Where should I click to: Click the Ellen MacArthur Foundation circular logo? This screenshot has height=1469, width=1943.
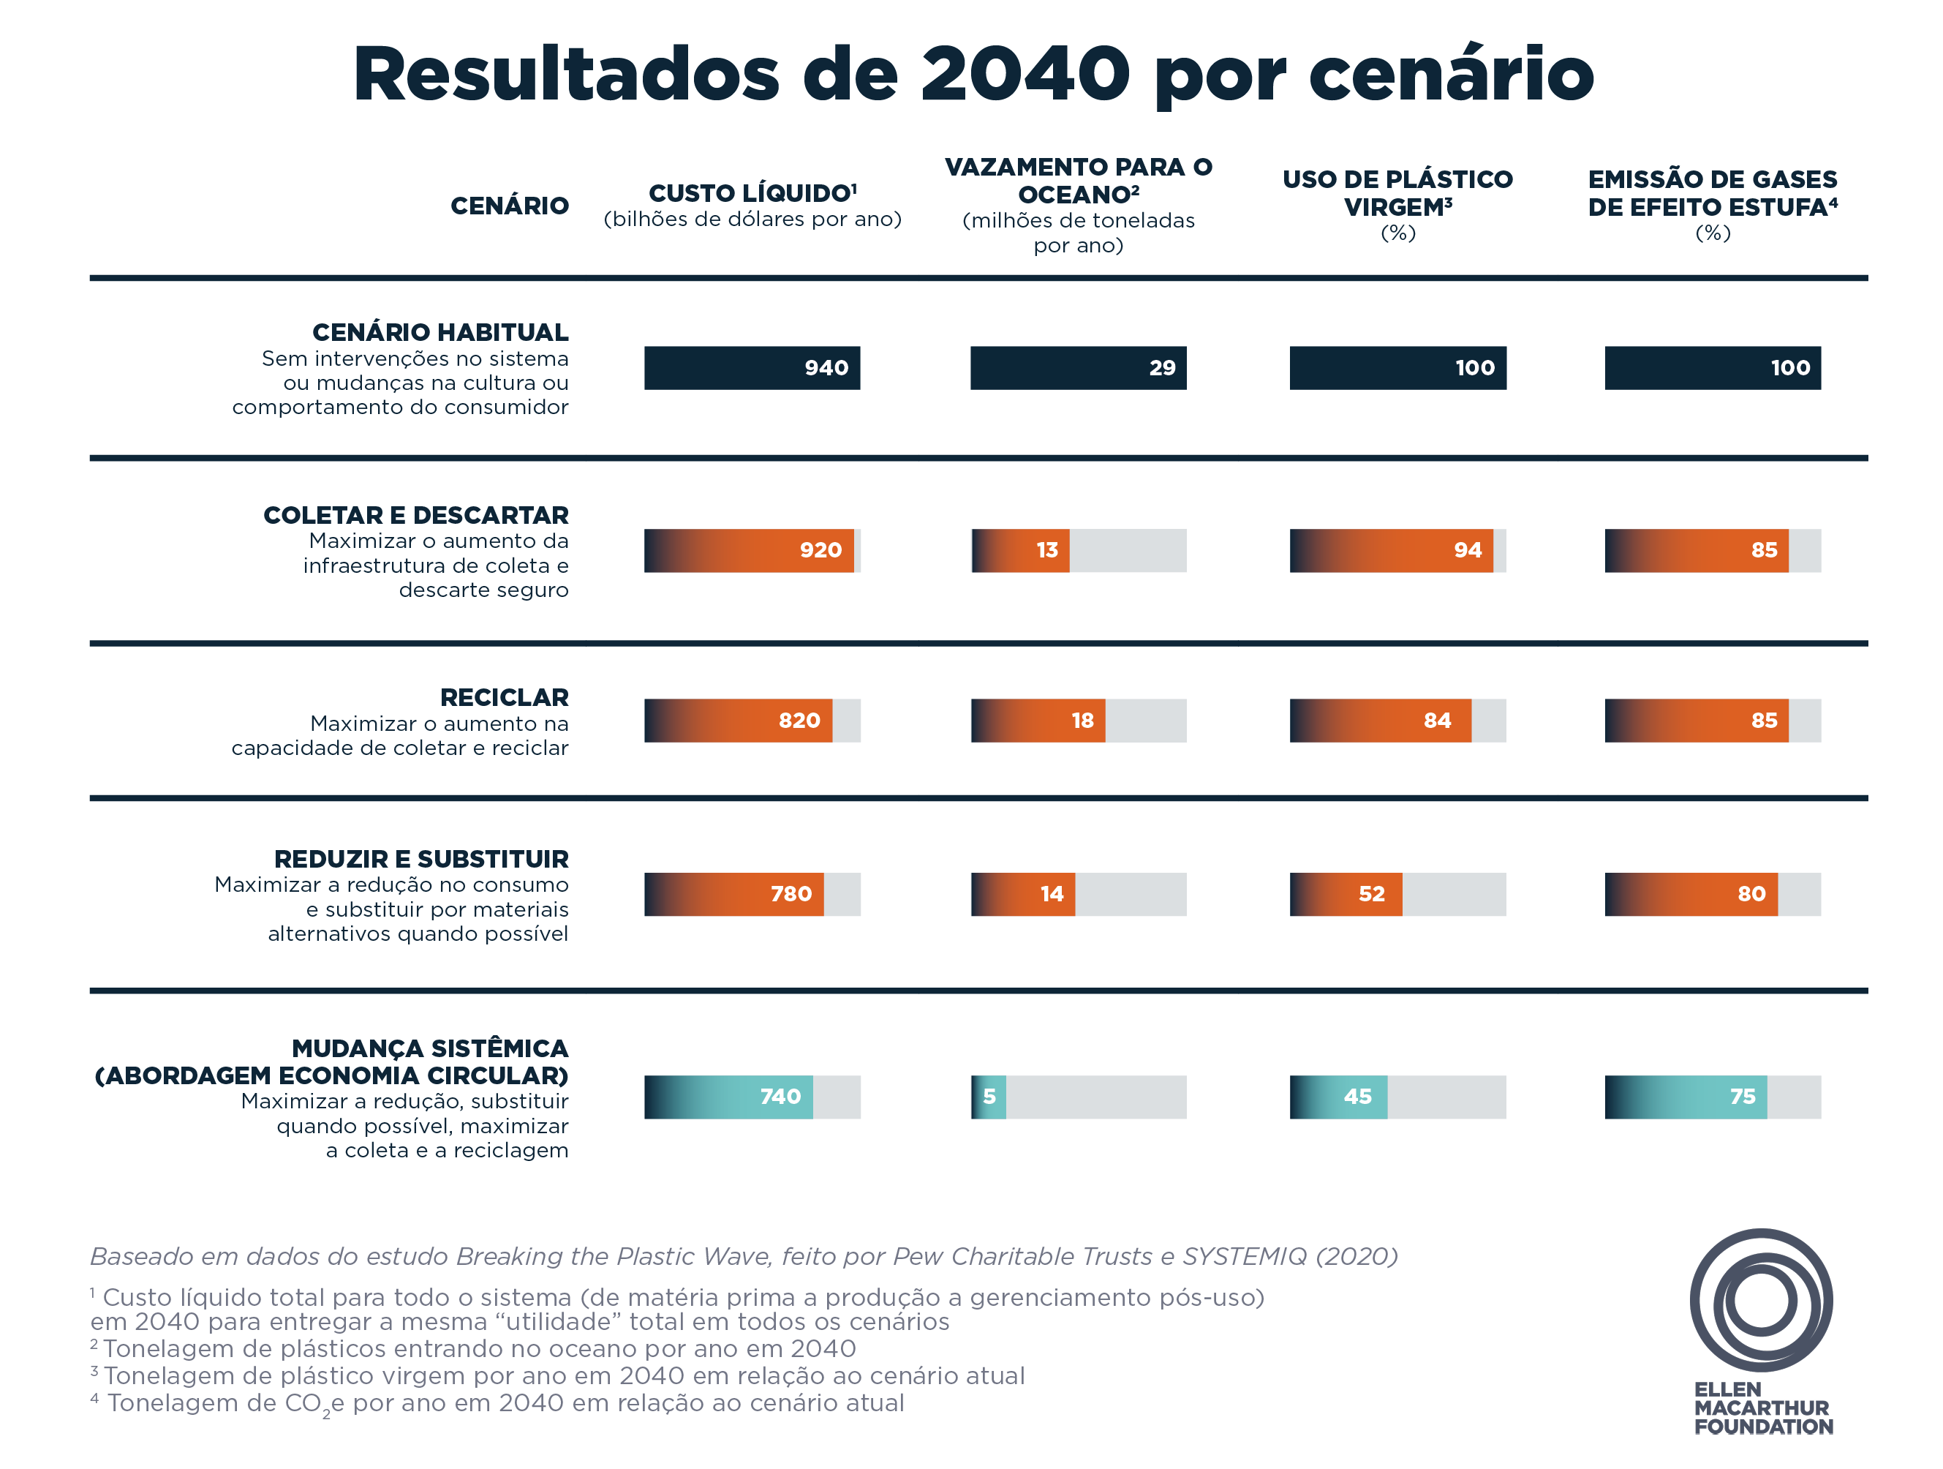pyautogui.click(x=1760, y=1299)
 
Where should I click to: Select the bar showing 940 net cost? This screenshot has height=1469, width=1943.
pyautogui.click(x=752, y=368)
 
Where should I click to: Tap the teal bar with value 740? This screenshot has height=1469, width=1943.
pyautogui.click(x=728, y=1097)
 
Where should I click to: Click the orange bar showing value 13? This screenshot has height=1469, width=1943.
pyautogui.click(x=1021, y=550)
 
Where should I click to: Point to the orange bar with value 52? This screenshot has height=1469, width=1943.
pyautogui.click(x=1346, y=893)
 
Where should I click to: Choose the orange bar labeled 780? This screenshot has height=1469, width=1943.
pyautogui.click(x=734, y=893)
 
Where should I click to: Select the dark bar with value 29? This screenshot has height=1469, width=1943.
pyautogui.click(x=1078, y=368)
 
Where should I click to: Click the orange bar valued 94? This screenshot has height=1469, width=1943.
pyautogui.click(x=1392, y=550)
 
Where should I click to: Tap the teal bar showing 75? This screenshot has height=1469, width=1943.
pyautogui.click(x=1686, y=1097)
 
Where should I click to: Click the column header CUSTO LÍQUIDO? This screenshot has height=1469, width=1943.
pyautogui.click(x=752, y=193)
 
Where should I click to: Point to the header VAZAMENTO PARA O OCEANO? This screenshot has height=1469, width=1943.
pyautogui.click(x=1078, y=180)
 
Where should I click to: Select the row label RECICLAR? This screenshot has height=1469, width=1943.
pyautogui.click(x=504, y=698)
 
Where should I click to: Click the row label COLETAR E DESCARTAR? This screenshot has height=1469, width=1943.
pyautogui.click(x=415, y=515)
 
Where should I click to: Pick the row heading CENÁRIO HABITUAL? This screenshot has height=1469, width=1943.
pyautogui.click(x=440, y=332)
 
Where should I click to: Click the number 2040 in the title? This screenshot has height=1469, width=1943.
pyautogui.click(x=1025, y=74)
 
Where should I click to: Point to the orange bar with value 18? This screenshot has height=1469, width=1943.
pyautogui.click(x=1038, y=721)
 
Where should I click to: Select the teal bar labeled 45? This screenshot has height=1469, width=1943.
pyautogui.click(x=1339, y=1097)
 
